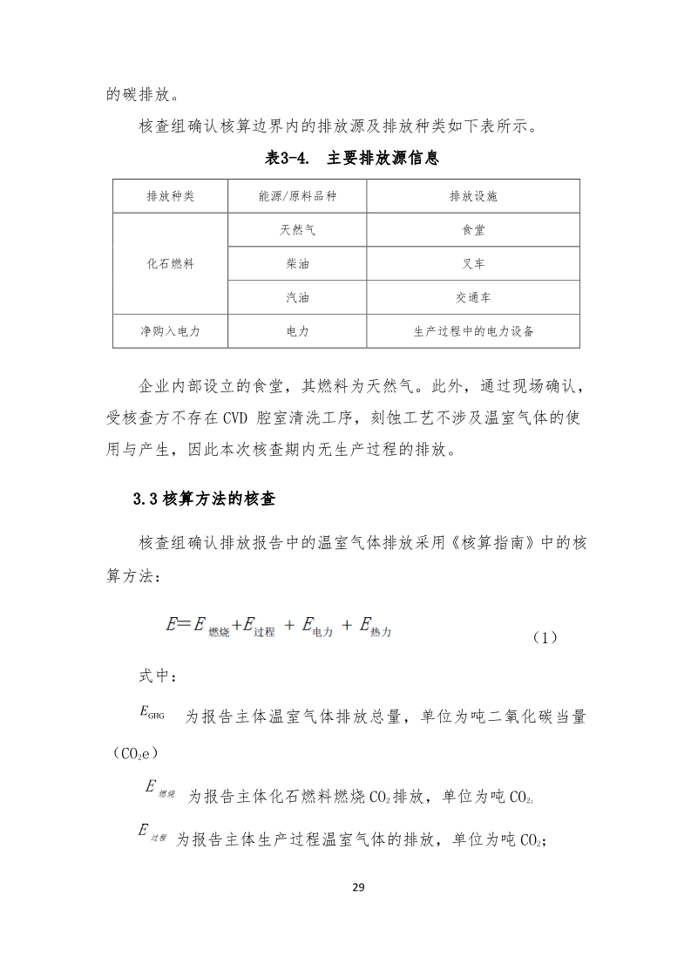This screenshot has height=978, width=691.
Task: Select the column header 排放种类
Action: click(x=170, y=196)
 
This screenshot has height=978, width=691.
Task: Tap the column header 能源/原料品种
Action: click(x=297, y=196)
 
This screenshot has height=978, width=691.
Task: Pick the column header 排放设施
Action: click(x=473, y=196)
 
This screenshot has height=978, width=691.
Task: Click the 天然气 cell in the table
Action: click(x=297, y=230)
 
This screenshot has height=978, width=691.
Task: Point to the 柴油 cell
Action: click(x=297, y=263)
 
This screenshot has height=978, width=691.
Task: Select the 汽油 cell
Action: click(x=297, y=297)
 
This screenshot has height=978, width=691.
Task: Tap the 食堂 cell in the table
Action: click(x=473, y=230)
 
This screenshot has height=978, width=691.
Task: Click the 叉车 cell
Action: click(x=473, y=263)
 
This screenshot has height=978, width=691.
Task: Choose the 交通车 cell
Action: click(x=473, y=297)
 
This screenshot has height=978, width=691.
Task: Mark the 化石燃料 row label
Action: click(x=170, y=263)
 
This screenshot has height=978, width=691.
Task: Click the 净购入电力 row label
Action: click(x=170, y=331)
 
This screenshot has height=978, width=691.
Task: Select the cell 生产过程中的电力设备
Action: click(x=473, y=331)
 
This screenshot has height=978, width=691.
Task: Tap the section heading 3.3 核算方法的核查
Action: click(x=205, y=499)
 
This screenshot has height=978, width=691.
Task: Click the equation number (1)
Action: click(x=544, y=637)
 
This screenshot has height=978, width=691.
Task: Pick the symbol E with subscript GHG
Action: click(x=151, y=713)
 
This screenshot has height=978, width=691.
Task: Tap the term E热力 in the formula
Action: click(x=374, y=625)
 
